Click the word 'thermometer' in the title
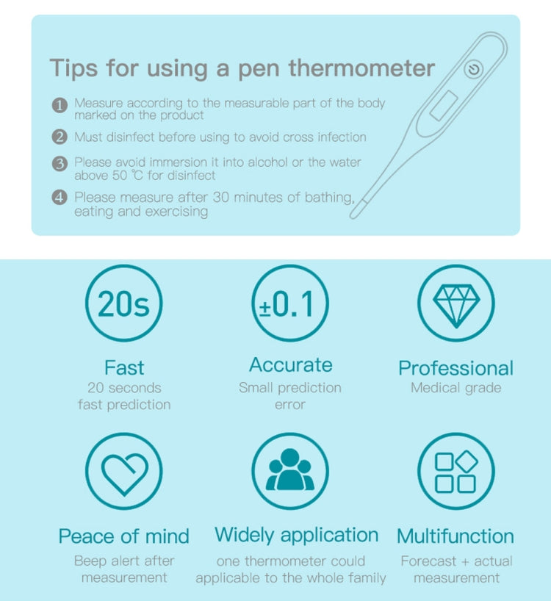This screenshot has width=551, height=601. (361, 68)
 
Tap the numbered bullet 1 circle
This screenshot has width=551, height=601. (60, 105)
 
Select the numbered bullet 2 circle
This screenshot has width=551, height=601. (60, 137)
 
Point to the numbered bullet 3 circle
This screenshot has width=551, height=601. (60, 164)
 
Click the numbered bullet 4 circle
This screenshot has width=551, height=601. (60, 198)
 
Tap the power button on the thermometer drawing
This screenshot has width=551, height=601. (474, 69)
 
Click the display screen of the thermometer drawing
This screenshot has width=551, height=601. (444, 105)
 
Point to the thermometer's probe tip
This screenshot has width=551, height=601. (354, 215)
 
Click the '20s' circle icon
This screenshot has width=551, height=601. (123, 303)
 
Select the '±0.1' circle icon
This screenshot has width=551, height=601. (290, 303)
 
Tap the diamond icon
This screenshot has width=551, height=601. (456, 306)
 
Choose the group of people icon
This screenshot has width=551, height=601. (290, 469)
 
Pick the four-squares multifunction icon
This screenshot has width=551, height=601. (456, 472)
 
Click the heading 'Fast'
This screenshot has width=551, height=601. (124, 367)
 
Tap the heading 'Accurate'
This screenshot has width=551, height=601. (290, 364)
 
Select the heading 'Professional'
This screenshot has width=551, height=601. (455, 368)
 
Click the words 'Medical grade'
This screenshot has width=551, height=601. (456, 388)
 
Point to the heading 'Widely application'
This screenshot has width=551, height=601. (297, 535)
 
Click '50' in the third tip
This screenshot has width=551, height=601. (120, 176)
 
